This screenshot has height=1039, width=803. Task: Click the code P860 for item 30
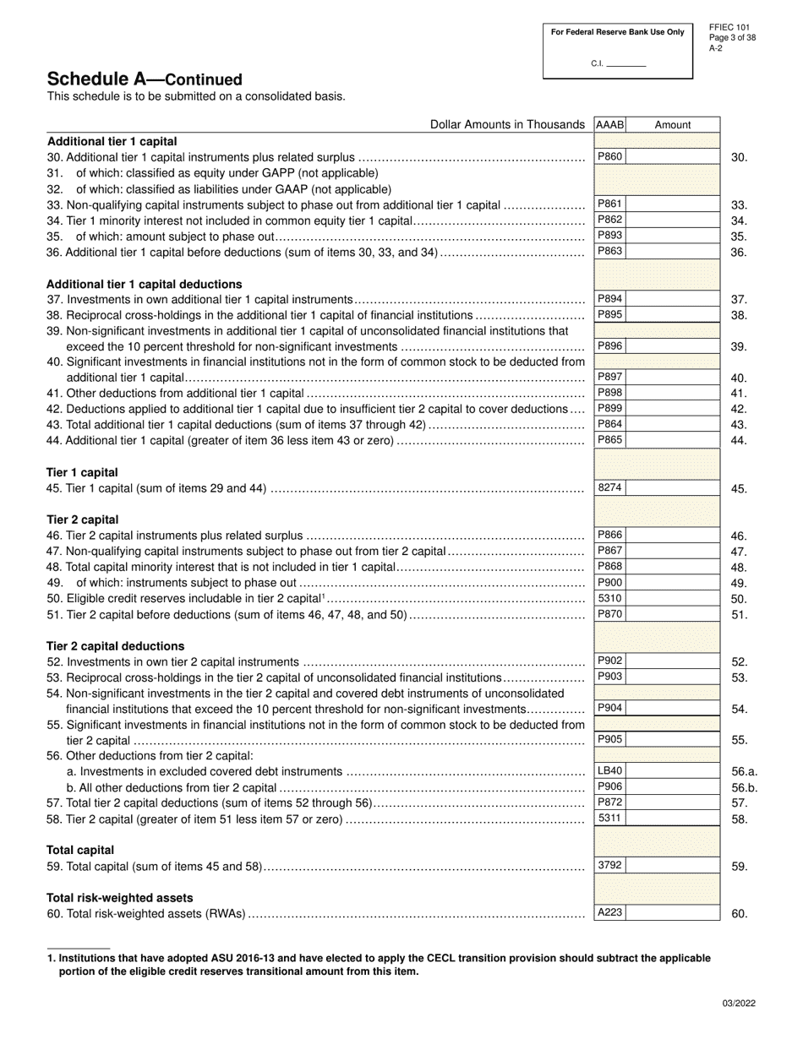(x=609, y=156)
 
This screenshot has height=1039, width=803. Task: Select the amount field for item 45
(x=673, y=488)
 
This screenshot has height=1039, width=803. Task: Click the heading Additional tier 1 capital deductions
(x=144, y=284)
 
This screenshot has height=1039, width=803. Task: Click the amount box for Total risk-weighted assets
(x=673, y=912)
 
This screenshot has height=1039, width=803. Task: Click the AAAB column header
(x=609, y=124)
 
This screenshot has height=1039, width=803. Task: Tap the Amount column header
(x=673, y=124)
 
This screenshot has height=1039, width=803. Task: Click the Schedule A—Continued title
(x=144, y=79)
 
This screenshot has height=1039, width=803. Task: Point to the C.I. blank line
(x=626, y=65)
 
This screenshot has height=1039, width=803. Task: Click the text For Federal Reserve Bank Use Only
(x=617, y=32)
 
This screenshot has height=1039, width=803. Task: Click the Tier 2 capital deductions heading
(x=115, y=646)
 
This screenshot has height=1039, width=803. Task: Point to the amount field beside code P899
(x=673, y=409)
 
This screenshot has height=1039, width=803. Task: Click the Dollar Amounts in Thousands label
(x=507, y=124)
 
